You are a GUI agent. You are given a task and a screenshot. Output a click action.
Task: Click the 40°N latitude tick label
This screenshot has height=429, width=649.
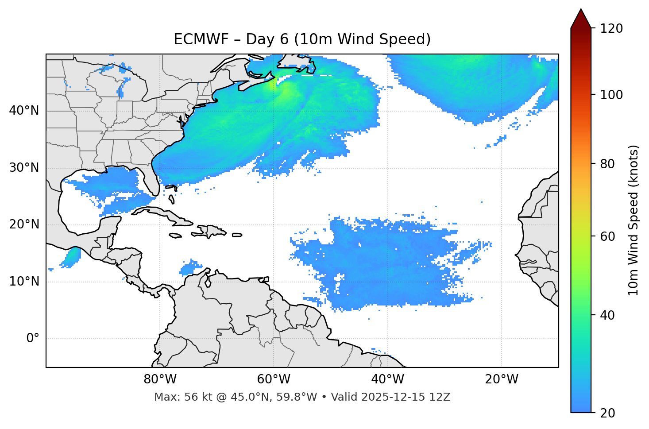pyautogui.click(x=24, y=111)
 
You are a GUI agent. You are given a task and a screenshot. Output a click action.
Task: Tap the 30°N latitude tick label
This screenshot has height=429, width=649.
pyautogui.click(x=24, y=168)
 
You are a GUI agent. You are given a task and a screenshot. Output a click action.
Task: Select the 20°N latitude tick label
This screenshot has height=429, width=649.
pyautogui.click(x=24, y=225)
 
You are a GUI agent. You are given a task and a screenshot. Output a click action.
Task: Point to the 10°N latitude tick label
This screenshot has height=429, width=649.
pyautogui.click(x=24, y=282)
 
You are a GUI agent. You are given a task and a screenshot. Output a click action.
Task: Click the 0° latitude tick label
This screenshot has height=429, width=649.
pyautogui.click(x=33, y=339)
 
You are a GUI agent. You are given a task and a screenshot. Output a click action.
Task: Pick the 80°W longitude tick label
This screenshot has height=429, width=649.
pyautogui.click(x=160, y=379)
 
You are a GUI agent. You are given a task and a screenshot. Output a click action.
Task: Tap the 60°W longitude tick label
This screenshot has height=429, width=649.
pyautogui.click(x=274, y=379)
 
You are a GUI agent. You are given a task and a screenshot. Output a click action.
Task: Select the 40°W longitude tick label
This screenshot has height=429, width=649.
pyautogui.click(x=387, y=379)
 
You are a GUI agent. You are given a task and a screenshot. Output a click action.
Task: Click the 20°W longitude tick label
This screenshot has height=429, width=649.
pyautogui.click(x=501, y=379)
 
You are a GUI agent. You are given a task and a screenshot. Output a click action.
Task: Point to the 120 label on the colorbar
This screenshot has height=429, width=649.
pyautogui.click(x=611, y=29)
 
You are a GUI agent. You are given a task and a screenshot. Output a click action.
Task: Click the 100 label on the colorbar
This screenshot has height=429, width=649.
pyautogui.click(x=611, y=95)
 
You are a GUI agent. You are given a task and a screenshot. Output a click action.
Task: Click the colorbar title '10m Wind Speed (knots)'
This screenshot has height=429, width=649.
pyautogui.click(x=633, y=220)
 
